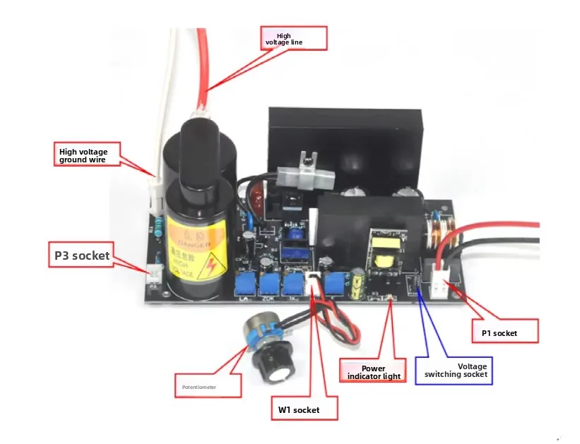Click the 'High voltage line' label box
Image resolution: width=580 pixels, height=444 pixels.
(x=293, y=38)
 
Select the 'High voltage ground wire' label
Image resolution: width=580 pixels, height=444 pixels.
(x=88, y=153)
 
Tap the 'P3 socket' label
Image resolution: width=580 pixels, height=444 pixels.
(x=82, y=256)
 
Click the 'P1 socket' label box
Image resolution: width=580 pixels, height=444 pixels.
(x=504, y=332)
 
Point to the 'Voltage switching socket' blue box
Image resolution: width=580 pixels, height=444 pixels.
(x=453, y=370)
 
